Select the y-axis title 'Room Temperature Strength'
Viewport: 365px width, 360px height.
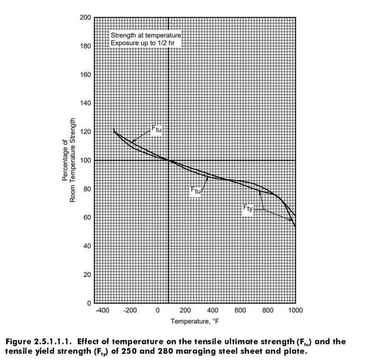[x=73, y=161]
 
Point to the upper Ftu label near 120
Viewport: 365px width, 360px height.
[x=156, y=129]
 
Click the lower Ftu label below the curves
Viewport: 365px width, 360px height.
[x=195, y=191]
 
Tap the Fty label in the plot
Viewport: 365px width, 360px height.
[x=247, y=209]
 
